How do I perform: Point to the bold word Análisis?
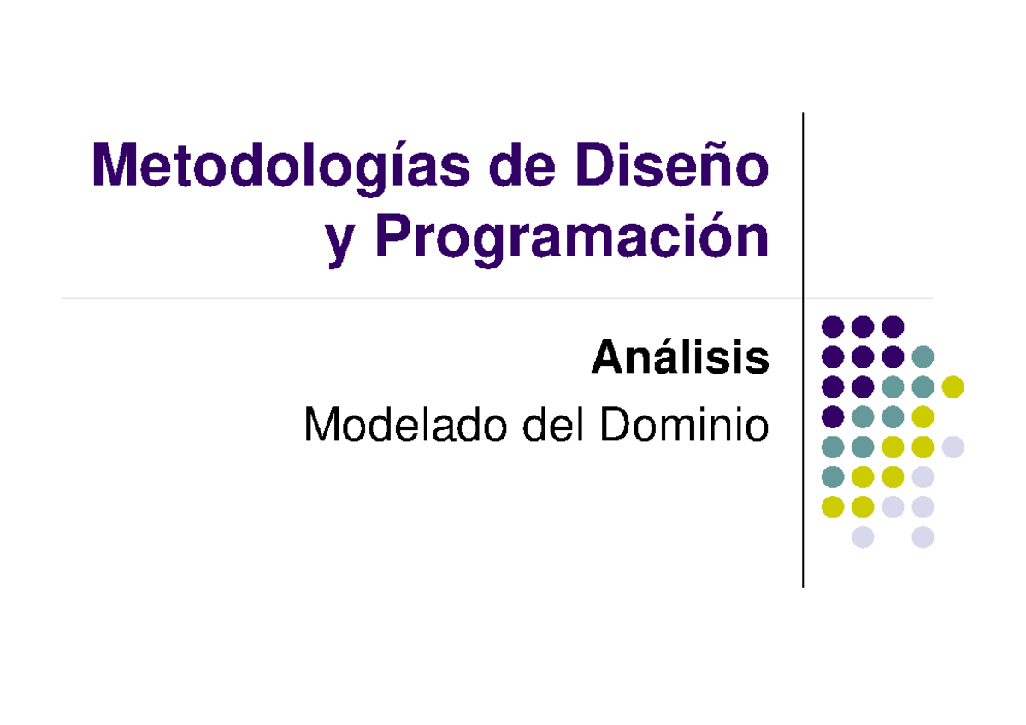click(x=680, y=358)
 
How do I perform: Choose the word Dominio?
click(x=683, y=425)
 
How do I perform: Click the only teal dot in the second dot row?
click(x=923, y=357)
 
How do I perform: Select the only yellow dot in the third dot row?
click(x=952, y=386)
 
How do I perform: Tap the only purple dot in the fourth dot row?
click(x=833, y=416)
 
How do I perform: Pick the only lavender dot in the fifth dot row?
click(x=952, y=446)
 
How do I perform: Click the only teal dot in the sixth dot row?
click(x=833, y=476)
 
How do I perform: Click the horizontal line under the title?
click(x=427, y=298)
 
